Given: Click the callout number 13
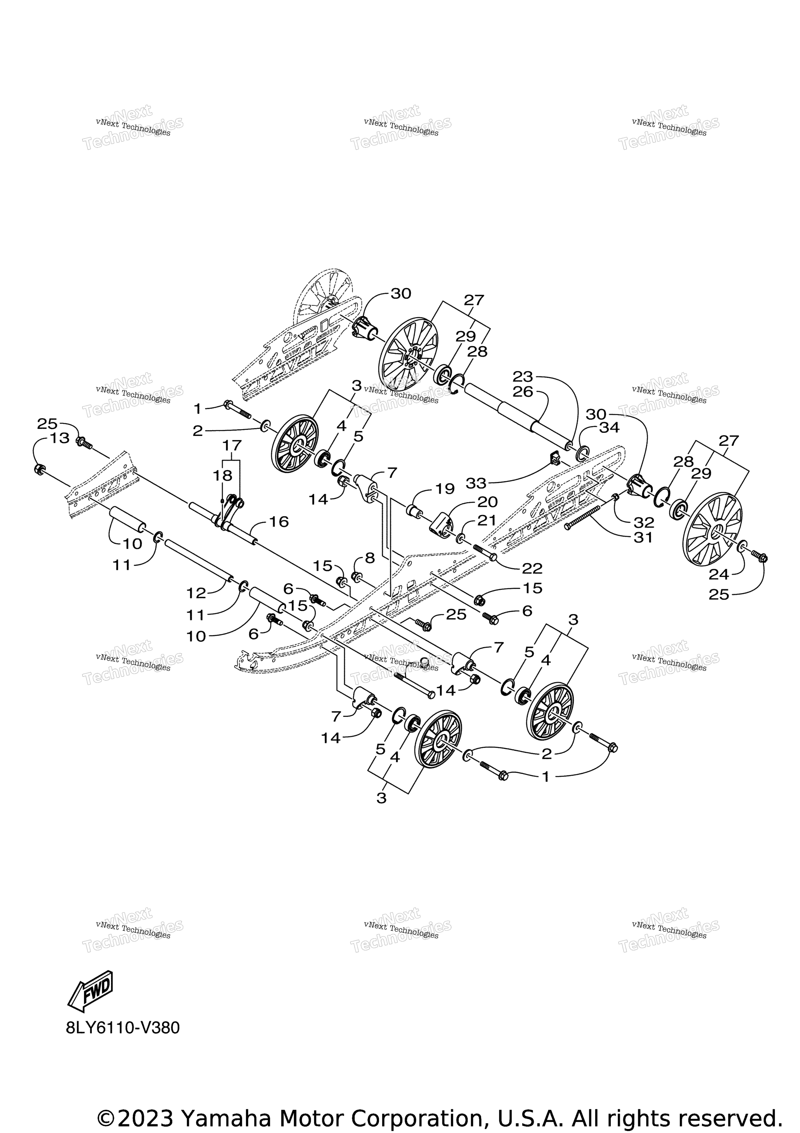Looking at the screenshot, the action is pos(60,438).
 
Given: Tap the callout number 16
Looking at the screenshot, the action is pos(279,522).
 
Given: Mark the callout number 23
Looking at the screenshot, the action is pos(523,376).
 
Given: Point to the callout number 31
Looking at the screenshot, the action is pos(643,537).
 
